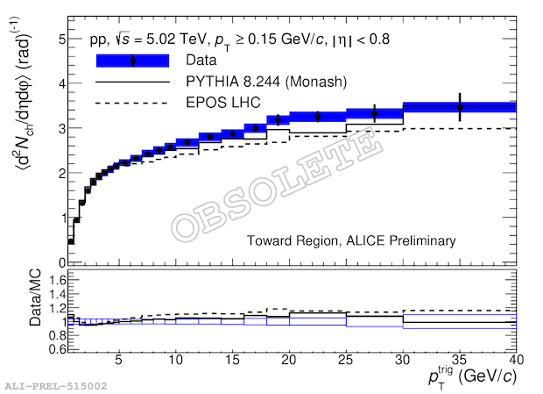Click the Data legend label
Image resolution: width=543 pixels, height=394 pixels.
pyautogui.click(x=201, y=61)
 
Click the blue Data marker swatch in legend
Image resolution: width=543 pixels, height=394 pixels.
pyautogui.click(x=132, y=61)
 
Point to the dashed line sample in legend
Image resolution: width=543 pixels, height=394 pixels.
pyautogui.click(x=132, y=104)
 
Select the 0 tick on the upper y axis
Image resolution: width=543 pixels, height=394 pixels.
pyautogui.click(x=61, y=262)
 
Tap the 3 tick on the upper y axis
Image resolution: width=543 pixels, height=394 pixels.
pyautogui.click(x=61, y=129)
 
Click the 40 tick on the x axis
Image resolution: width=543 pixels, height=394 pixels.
pyautogui.click(x=516, y=360)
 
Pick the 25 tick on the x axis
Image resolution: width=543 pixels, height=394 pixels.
pyautogui.click(x=347, y=360)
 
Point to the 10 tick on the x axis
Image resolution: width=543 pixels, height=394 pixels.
pyautogui.click(x=177, y=360)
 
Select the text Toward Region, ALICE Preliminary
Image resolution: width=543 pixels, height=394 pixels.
pyautogui.click(x=351, y=240)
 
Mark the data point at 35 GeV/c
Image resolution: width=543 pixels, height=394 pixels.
pyautogui.click(x=460, y=107)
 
